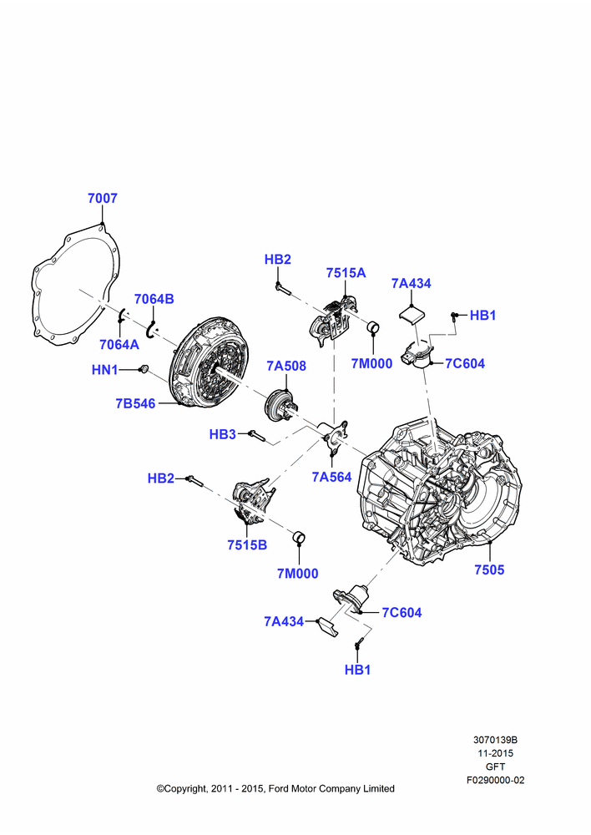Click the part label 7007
(x=102, y=198)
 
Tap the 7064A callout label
(x=119, y=345)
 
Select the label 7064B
(x=154, y=299)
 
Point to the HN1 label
(x=105, y=370)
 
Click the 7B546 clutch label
(x=135, y=403)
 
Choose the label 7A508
(x=286, y=366)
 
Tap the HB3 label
(x=223, y=434)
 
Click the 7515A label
(x=346, y=273)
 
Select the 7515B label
(x=247, y=545)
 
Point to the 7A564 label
(x=331, y=477)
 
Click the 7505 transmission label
(x=489, y=569)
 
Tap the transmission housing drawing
(x=441, y=493)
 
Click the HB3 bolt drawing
(x=258, y=434)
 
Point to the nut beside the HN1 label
(x=143, y=368)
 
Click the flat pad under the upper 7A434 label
(x=412, y=313)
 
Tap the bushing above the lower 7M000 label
(x=300, y=537)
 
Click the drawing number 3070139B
(x=495, y=740)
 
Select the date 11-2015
(x=495, y=753)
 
